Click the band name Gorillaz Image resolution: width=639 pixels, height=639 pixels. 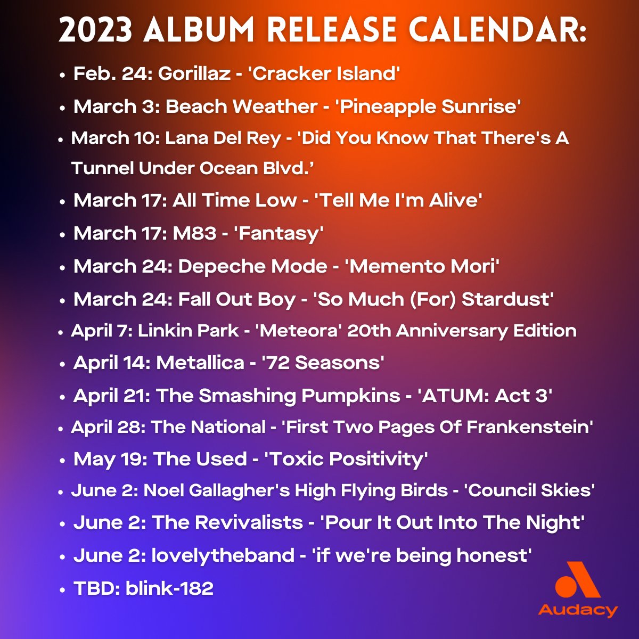[194, 73]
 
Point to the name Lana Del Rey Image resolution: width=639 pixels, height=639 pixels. [223, 138]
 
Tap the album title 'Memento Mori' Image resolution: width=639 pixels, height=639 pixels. [422, 266]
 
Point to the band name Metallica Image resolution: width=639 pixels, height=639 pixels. [200, 363]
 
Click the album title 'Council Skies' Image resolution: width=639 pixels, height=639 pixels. [530, 490]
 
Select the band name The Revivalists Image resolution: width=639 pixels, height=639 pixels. [227, 522]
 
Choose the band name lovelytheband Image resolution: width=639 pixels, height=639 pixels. [223, 555]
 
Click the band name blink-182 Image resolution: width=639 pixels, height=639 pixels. [169, 588]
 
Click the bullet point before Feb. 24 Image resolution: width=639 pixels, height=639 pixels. [63, 75]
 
